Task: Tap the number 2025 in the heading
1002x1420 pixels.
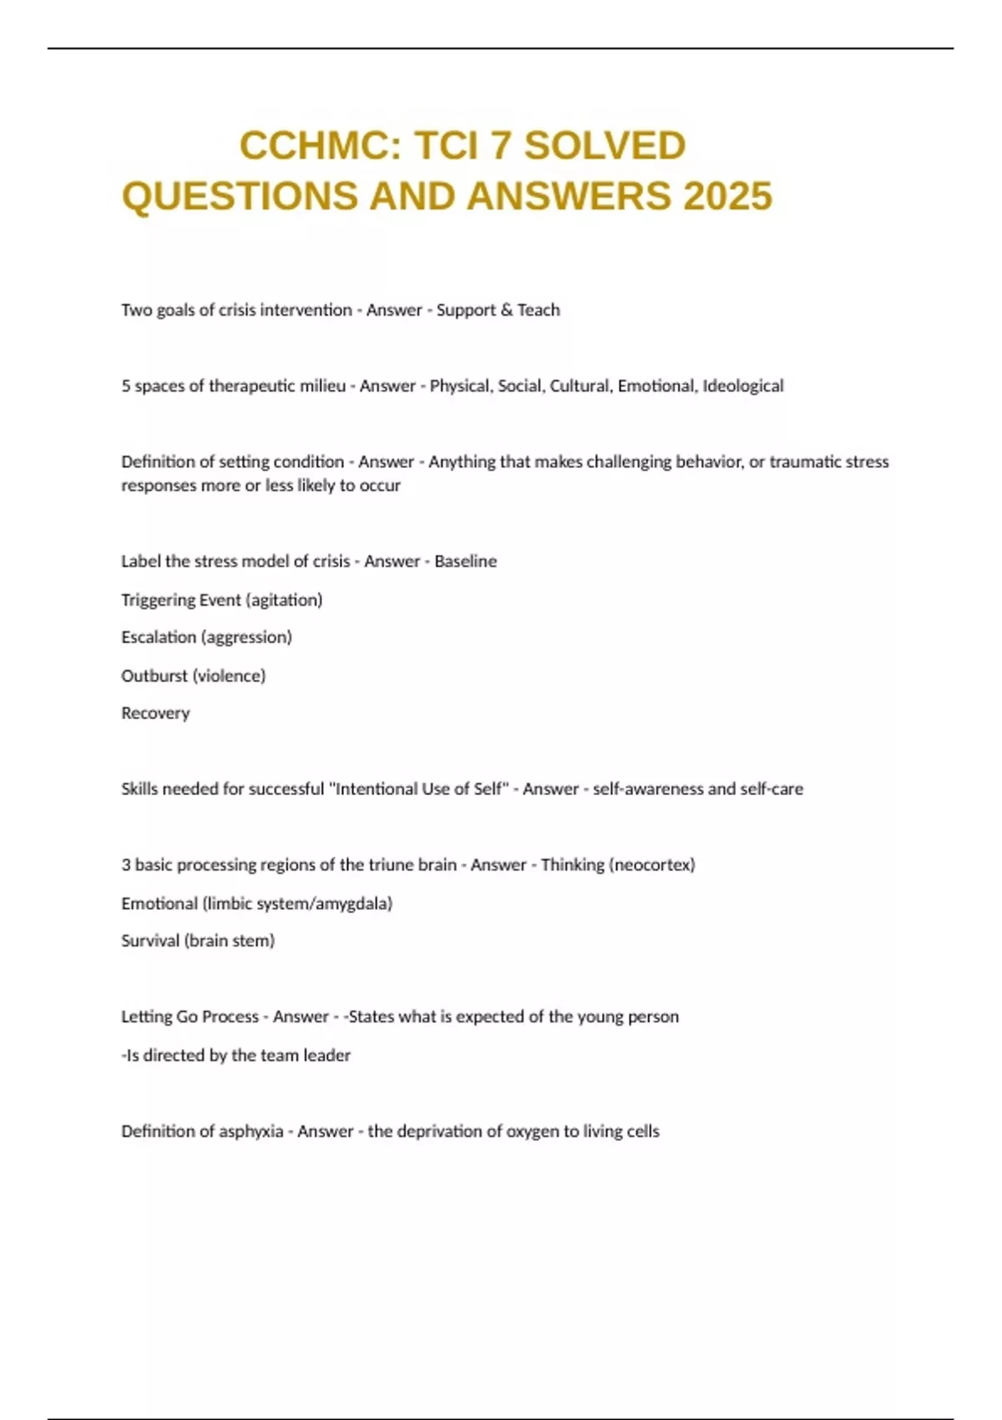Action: pyautogui.click(x=727, y=196)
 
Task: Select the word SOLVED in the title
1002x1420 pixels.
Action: pyautogui.click(x=605, y=146)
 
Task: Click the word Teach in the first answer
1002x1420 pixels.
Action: pyautogui.click(x=539, y=310)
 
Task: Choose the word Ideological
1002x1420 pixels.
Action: pyautogui.click(x=743, y=386)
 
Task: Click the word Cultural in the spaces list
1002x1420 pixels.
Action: pyautogui.click(x=579, y=386)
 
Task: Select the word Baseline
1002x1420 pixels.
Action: pyautogui.click(x=465, y=561)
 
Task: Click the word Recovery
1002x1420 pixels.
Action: pyautogui.click(x=155, y=713)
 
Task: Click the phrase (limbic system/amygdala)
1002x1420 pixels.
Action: pyautogui.click(x=297, y=903)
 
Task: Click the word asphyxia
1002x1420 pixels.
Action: pyautogui.click(x=250, y=1131)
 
